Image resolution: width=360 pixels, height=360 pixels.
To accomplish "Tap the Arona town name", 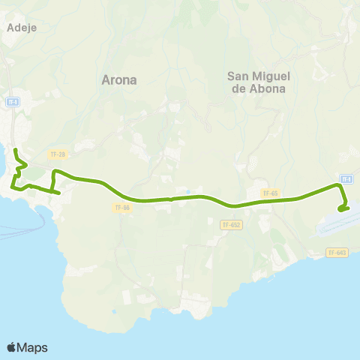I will [118, 79].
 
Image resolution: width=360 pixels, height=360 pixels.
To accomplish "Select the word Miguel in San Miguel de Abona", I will [272, 76].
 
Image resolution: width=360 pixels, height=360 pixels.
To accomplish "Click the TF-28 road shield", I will [57, 154].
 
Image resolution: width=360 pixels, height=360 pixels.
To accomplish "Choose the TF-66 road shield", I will [123, 208].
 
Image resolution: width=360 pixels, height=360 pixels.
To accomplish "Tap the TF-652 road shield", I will [231, 224].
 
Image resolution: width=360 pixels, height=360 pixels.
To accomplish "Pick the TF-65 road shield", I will [270, 193].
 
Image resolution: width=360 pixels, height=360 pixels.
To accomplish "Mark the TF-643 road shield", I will [337, 253].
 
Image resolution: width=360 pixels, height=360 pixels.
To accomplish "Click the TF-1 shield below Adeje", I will [13, 100].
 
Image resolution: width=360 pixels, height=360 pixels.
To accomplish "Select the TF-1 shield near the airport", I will [346, 178].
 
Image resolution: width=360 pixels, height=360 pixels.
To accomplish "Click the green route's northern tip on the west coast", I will [16, 151].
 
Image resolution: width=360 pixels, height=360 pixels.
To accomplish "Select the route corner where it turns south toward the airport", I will [337, 184].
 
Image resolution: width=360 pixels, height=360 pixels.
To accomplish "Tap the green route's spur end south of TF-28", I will [58, 193].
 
